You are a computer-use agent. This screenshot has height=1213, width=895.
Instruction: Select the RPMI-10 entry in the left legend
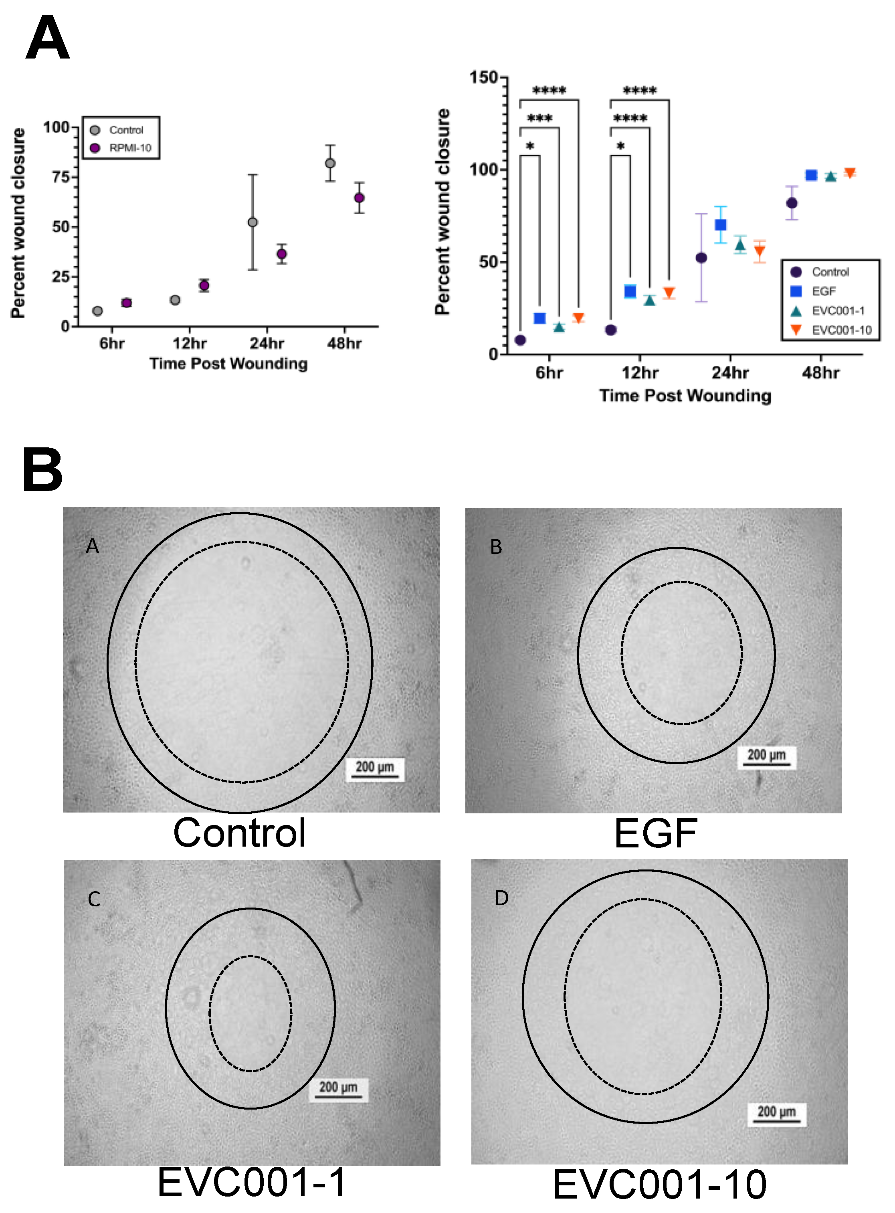point(129,148)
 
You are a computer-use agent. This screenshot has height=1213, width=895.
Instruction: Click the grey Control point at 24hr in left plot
point(253,222)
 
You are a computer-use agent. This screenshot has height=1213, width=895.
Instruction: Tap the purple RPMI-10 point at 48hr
point(359,198)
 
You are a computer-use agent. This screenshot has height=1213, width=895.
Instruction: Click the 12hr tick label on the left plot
point(189,344)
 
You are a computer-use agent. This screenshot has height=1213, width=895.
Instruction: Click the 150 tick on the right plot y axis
point(483,77)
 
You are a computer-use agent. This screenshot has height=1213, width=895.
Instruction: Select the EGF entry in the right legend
point(823,291)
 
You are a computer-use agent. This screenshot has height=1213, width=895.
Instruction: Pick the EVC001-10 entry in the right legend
point(841,330)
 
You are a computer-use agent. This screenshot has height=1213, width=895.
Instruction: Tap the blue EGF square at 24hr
point(721,225)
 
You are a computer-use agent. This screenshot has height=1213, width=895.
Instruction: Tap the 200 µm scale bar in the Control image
point(375,769)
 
